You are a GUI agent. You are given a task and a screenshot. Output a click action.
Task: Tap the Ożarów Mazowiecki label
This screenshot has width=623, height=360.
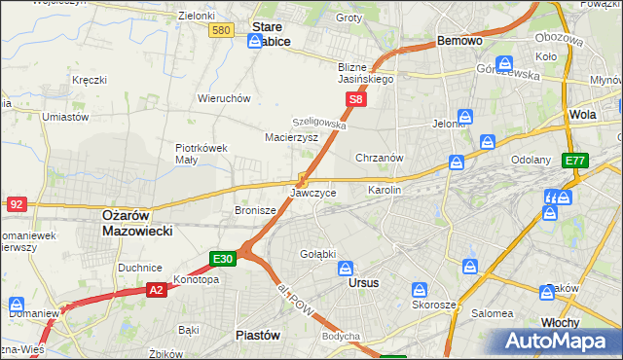[x=137, y=223]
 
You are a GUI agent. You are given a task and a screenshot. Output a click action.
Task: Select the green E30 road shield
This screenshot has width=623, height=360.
[x=223, y=258]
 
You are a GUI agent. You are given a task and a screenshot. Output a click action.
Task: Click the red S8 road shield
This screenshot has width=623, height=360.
[x=356, y=99]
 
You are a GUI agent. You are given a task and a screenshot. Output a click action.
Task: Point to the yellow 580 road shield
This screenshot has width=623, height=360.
[x=221, y=31]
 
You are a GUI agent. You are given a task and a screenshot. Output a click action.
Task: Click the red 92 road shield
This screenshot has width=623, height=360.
[x=16, y=203]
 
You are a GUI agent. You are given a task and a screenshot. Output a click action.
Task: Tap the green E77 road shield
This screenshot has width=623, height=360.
[x=575, y=160]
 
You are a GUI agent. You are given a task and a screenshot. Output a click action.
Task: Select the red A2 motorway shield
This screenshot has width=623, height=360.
[x=158, y=289]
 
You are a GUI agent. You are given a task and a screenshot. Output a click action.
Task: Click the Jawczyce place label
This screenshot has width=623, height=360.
[x=313, y=193]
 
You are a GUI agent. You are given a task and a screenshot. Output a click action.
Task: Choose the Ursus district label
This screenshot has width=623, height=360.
[x=363, y=283]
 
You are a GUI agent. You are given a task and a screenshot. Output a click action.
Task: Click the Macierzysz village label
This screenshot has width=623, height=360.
[x=292, y=138]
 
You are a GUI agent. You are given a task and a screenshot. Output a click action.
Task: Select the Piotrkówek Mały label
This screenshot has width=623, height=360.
[x=202, y=154]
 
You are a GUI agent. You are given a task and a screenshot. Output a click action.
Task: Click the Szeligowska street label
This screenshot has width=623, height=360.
[x=320, y=124]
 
